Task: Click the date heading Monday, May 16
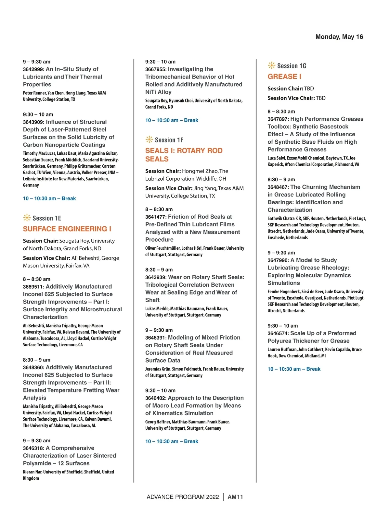(339, 37)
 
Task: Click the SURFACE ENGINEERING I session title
(67, 229)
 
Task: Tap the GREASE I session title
(284, 77)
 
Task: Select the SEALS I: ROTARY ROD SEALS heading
(184, 155)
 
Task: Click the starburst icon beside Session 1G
(271, 66)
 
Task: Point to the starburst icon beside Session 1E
(27, 218)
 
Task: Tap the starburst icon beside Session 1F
(149, 140)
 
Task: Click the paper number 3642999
(33, 69)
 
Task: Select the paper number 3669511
(33, 287)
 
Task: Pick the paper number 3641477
(156, 217)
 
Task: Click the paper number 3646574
(278, 333)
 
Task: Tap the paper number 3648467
(278, 187)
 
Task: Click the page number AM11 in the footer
(235, 497)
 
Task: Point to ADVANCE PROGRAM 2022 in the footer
(183, 497)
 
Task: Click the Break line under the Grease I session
(294, 369)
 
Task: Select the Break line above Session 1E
(49, 198)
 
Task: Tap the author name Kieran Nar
(32, 472)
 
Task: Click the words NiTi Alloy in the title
(158, 92)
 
